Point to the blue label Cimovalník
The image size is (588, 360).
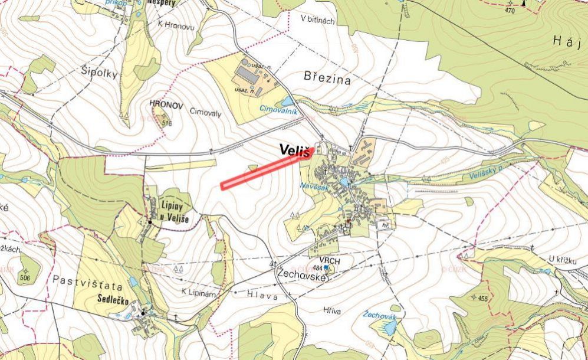279,109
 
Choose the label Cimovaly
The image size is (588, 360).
205,113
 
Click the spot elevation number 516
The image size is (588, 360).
166,123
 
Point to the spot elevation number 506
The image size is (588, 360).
25,277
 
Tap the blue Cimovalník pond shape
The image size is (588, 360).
287,102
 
